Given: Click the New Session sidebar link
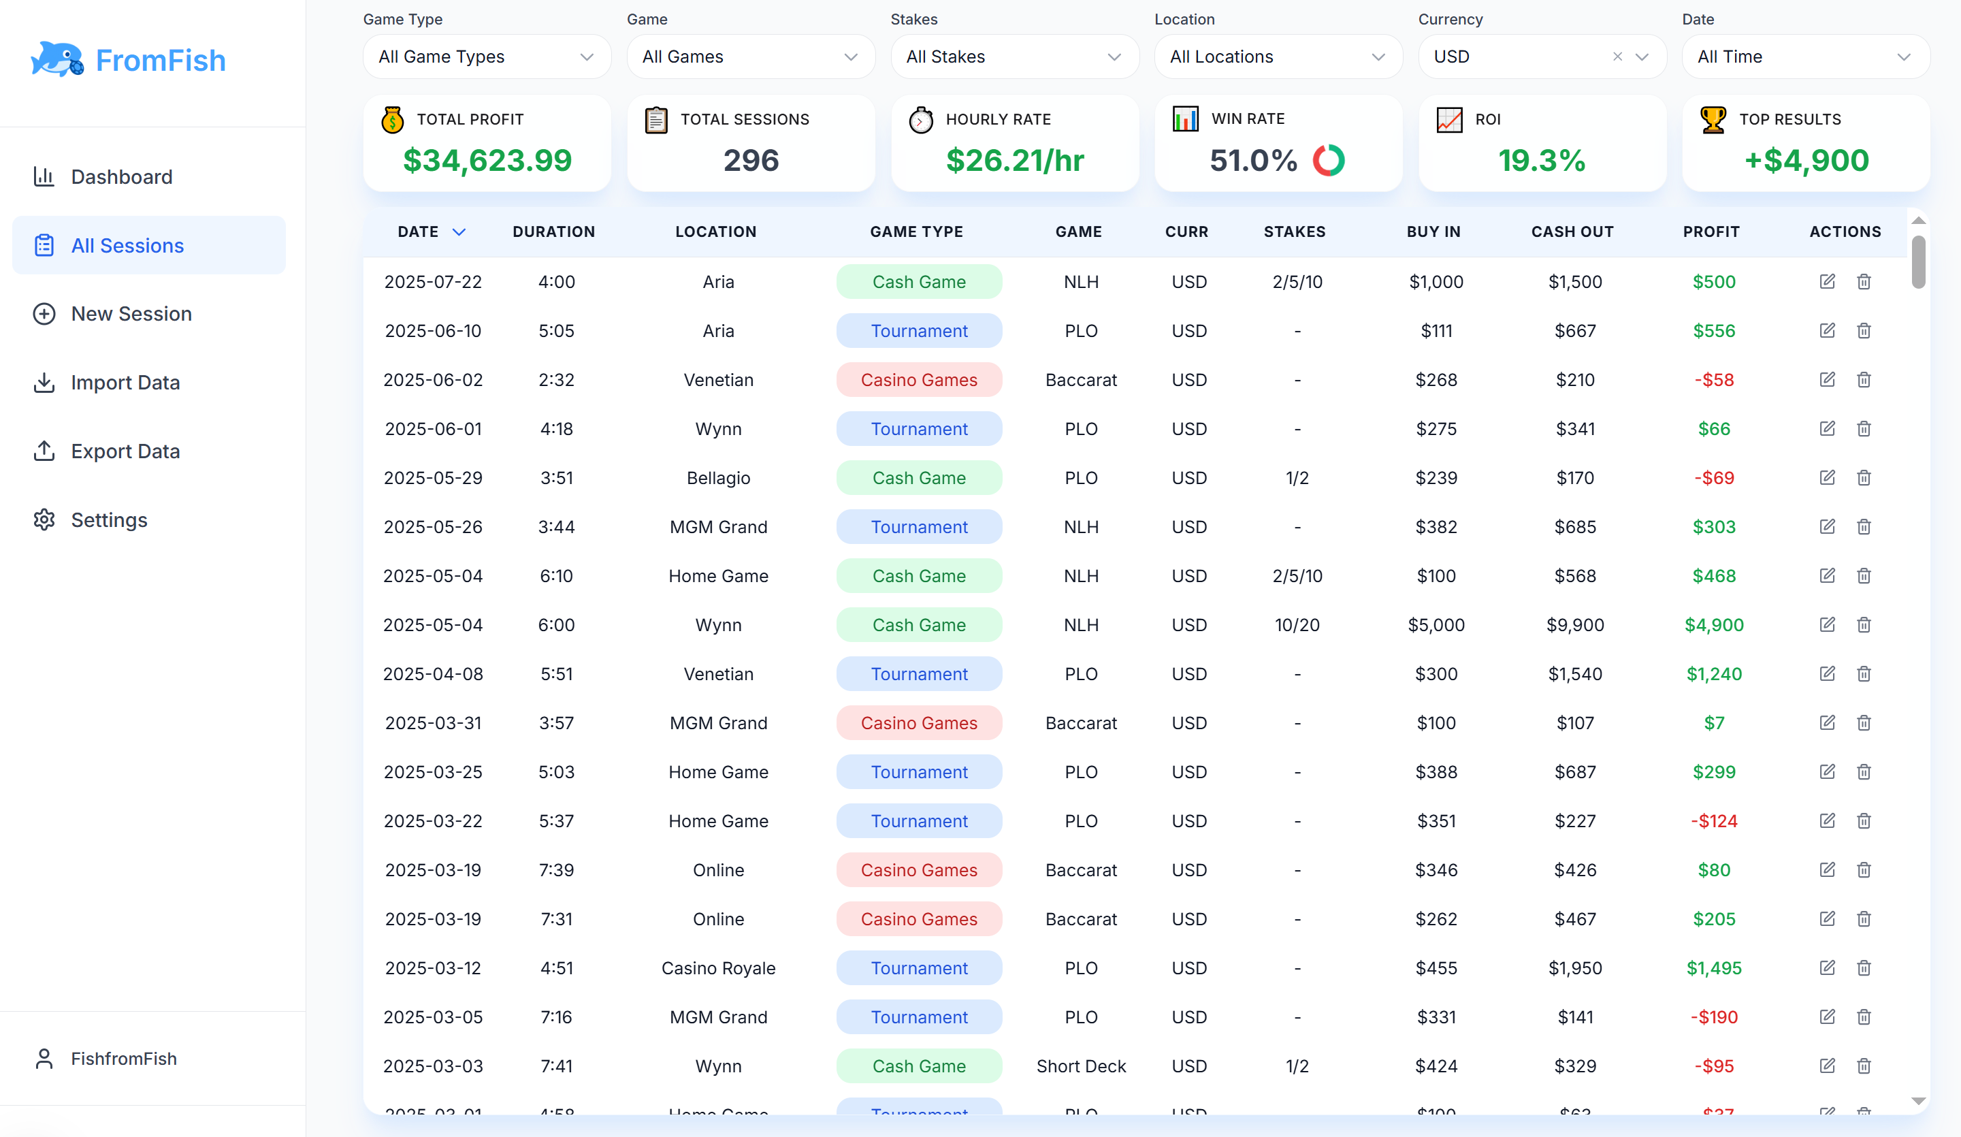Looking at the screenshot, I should [x=131, y=314].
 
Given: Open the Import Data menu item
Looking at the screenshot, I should [x=125, y=382].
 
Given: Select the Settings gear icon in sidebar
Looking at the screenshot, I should [x=44, y=520].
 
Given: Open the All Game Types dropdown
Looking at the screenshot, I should [x=487, y=57].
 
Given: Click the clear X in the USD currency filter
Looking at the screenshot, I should [x=1617, y=57].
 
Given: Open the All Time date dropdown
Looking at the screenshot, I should [x=1804, y=57].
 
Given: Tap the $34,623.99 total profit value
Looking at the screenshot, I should [x=487, y=160].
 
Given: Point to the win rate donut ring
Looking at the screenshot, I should [x=1329, y=160].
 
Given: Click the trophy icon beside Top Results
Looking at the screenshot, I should [x=1713, y=119].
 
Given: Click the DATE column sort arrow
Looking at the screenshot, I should [x=459, y=232].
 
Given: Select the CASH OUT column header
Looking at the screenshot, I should [x=1572, y=232].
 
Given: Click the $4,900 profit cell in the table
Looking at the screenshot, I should [x=1713, y=625].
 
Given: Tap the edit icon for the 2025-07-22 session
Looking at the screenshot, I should [x=1827, y=282].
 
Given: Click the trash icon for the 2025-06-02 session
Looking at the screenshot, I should [x=1864, y=380].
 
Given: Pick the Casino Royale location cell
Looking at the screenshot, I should [x=717, y=968].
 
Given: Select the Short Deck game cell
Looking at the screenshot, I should [x=1081, y=1066].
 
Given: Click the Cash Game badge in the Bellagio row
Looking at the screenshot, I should [x=918, y=478].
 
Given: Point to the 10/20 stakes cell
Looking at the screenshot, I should [x=1297, y=625].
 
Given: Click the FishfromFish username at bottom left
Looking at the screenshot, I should [x=124, y=1059].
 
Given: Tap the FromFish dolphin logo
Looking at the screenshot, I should [x=56, y=59].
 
